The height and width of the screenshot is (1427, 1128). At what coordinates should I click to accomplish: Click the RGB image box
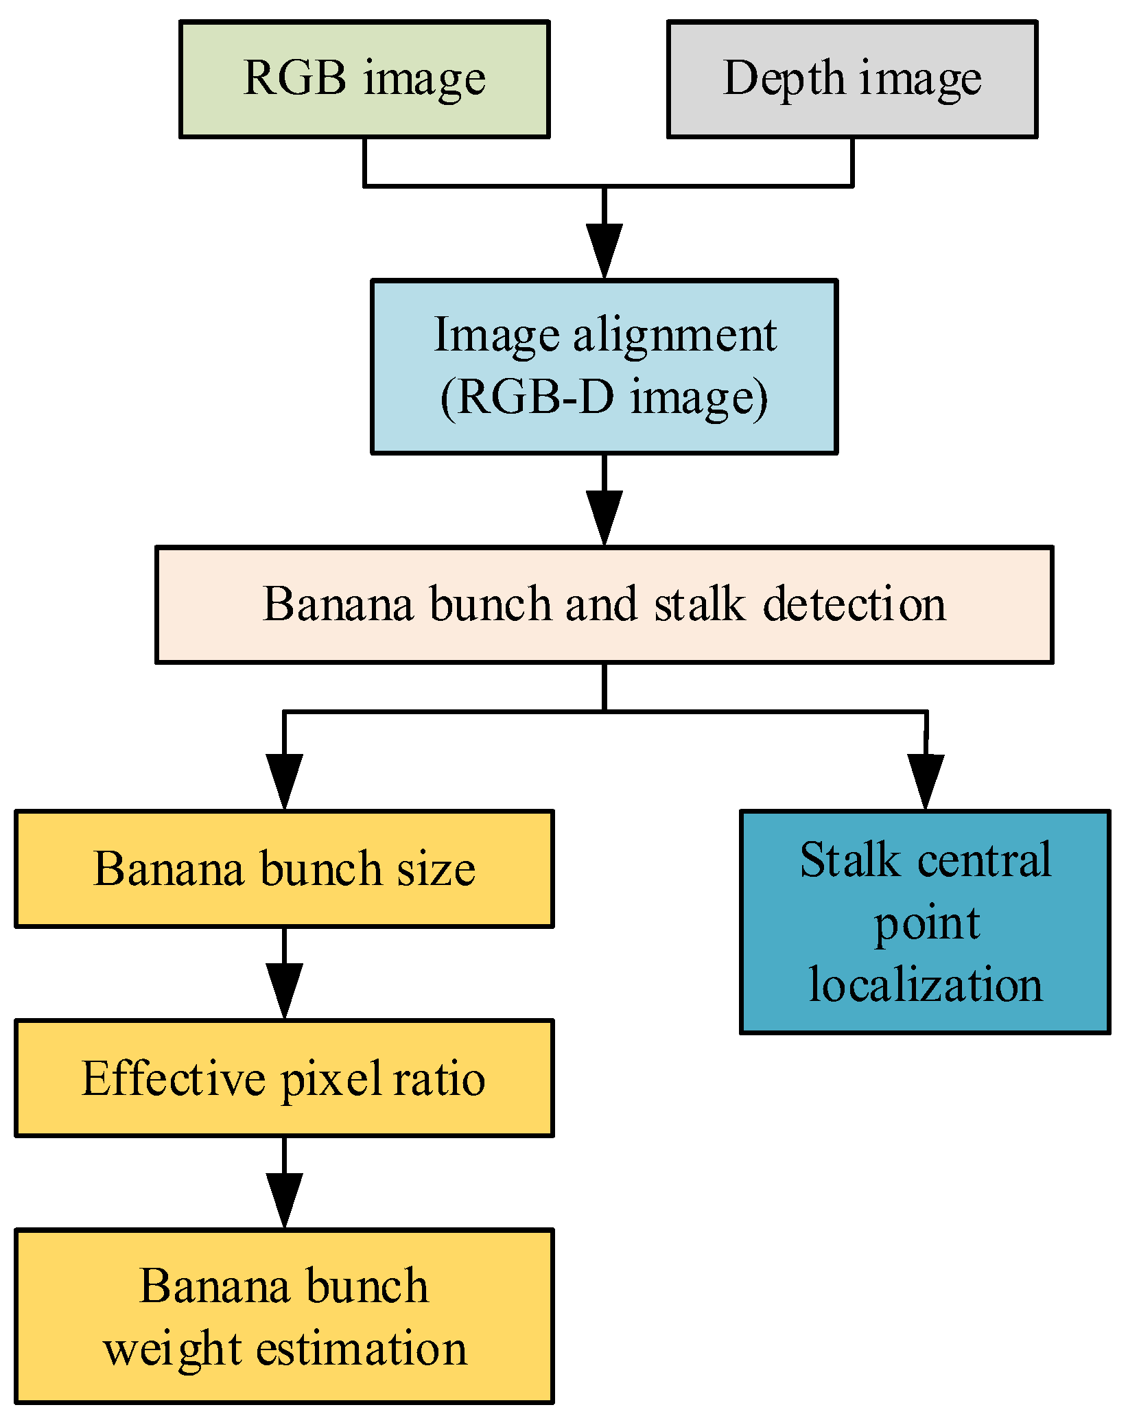point(364,79)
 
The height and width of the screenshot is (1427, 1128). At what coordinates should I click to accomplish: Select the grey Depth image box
point(851,79)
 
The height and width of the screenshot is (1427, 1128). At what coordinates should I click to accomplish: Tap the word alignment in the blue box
point(674,335)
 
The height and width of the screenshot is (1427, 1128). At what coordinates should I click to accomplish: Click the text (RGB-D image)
point(604,397)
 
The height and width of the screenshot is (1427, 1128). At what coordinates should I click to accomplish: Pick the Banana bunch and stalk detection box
point(604,604)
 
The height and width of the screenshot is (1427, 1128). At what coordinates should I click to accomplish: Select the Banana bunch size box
point(284,869)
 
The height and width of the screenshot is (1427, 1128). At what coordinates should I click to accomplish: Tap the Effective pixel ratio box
point(284,1078)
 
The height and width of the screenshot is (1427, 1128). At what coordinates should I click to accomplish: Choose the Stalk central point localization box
point(925,921)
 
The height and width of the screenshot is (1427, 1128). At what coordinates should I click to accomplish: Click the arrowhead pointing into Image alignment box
point(604,250)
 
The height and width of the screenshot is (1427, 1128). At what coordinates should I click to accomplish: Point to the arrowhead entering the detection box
point(604,517)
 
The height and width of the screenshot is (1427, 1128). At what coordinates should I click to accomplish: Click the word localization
point(925,984)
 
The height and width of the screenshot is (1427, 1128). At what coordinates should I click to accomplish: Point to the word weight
point(172,1349)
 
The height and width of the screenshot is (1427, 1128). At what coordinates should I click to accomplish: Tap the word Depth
point(784,79)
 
